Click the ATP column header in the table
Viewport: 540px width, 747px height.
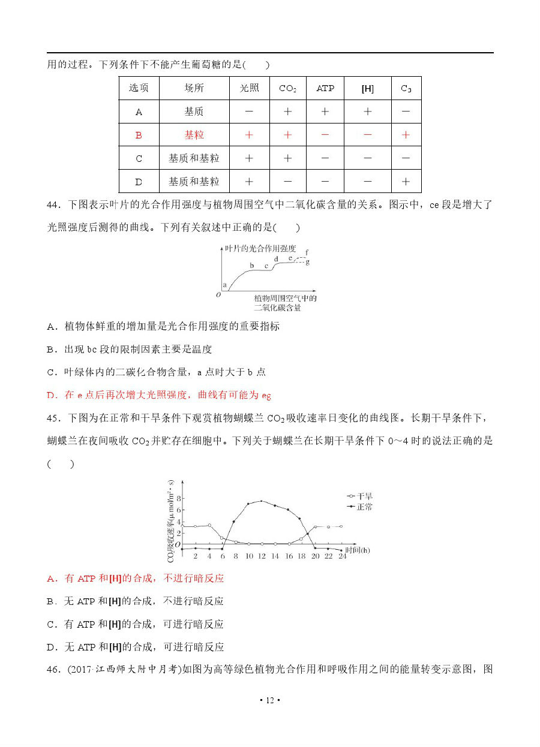point(325,88)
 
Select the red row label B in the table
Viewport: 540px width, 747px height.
point(139,135)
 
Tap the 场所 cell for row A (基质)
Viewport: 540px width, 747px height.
point(194,112)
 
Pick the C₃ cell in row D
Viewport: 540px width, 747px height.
point(406,181)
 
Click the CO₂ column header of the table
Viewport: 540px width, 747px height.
point(287,88)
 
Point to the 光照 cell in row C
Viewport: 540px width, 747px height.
point(249,158)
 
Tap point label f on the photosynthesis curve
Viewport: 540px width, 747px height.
point(307,252)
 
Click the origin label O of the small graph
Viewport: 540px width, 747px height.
point(218,294)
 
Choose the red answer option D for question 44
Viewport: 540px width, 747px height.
point(159,395)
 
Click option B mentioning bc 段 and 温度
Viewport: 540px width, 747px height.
point(130,349)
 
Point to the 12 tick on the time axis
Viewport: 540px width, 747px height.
point(262,556)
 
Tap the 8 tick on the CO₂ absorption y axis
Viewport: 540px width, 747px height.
point(177,498)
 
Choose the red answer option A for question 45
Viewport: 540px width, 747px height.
point(136,578)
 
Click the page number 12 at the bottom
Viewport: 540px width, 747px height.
point(270,700)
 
